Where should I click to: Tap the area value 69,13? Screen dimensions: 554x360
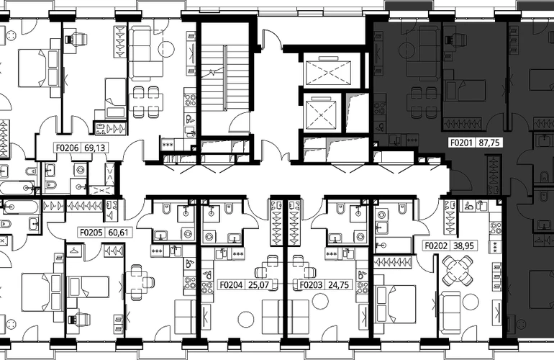95,148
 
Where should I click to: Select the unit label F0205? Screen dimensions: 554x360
91,233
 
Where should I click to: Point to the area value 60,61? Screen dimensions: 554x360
119,233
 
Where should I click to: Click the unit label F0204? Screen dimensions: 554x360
232,284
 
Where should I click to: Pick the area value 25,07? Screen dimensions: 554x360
258,284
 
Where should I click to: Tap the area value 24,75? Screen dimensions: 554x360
338,284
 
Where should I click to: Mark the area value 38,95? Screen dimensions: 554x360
463,246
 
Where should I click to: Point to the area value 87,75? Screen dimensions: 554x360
489,143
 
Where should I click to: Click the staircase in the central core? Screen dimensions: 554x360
225,78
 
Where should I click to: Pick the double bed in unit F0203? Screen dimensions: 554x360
395,304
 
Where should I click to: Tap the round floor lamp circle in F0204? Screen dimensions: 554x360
246,320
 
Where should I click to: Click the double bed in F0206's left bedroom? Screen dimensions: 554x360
35,68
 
